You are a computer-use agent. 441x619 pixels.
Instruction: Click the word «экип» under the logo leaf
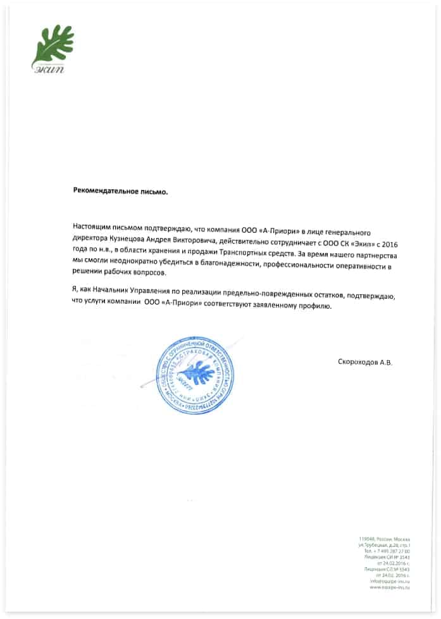click(x=46, y=68)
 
